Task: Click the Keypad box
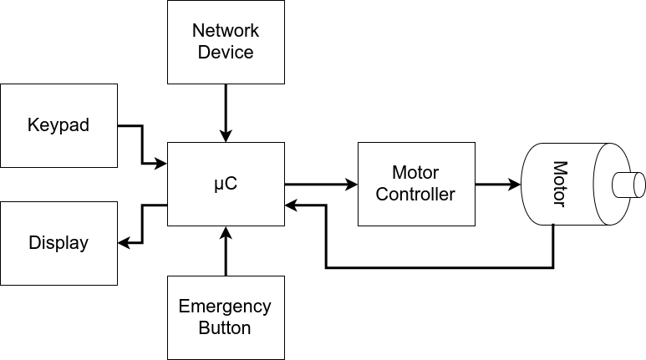click(58, 125)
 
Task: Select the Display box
click(58, 243)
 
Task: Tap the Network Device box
click(226, 42)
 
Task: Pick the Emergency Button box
click(226, 317)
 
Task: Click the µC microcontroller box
click(226, 184)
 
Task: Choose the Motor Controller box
click(415, 184)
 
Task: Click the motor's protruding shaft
click(629, 184)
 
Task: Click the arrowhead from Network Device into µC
click(226, 135)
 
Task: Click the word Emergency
click(225, 306)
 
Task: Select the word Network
click(226, 31)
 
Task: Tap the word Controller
click(415, 195)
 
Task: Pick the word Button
click(225, 327)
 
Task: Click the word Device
click(226, 52)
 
